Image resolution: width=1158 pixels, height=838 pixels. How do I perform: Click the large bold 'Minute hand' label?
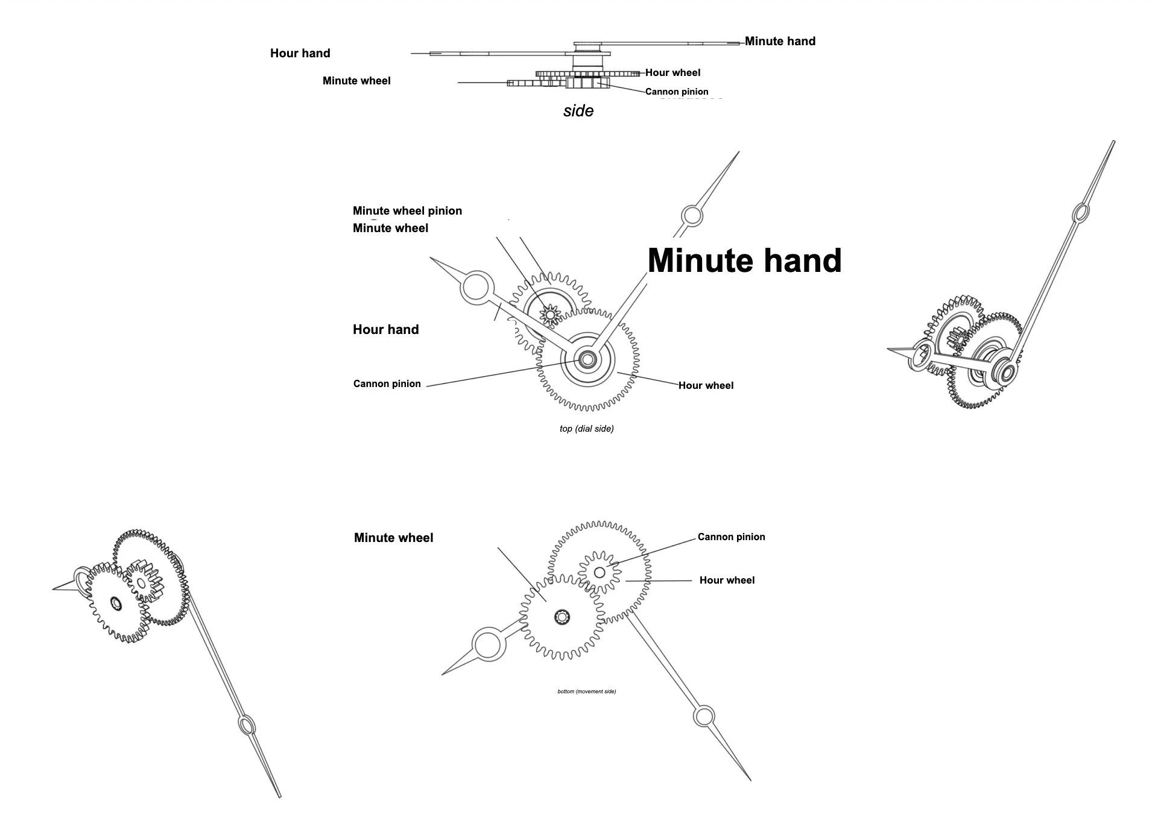(744, 260)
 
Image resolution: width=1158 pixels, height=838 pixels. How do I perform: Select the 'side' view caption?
(578, 111)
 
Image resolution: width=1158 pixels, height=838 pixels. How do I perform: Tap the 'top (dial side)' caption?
(587, 429)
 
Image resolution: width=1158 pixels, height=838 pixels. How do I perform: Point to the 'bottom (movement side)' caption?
(587, 692)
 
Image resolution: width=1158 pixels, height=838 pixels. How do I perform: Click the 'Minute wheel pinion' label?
(407, 211)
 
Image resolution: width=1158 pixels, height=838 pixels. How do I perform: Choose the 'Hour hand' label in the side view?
(300, 53)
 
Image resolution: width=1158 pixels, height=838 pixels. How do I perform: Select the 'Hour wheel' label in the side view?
(673, 72)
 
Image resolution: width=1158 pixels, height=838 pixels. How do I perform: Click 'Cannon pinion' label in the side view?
(677, 92)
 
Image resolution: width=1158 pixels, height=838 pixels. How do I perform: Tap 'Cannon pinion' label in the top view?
(387, 384)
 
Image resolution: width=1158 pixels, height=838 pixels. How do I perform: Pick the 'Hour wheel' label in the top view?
(706, 385)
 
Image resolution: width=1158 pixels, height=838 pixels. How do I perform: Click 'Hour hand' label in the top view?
(386, 330)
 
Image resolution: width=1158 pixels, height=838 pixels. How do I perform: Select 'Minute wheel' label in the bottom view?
(394, 538)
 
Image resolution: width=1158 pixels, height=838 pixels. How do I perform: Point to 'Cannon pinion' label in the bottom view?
(732, 537)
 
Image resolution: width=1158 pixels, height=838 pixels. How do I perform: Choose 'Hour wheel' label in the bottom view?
(727, 580)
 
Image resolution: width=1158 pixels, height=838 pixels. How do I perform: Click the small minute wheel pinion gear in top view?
(549, 314)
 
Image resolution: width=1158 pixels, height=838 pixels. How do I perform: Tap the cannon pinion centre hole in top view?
(587, 359)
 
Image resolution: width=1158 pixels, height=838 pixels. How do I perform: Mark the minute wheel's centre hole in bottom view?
(562, 617)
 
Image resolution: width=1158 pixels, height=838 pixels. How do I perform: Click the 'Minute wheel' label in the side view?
(356, 81)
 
